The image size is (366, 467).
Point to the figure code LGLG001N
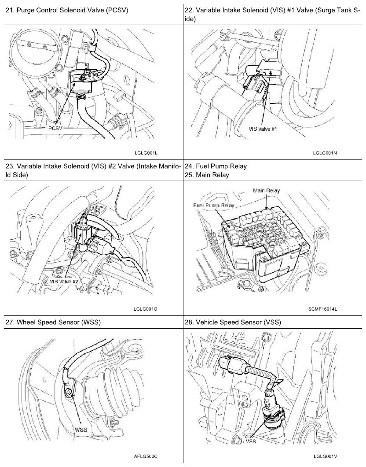coord(325,152)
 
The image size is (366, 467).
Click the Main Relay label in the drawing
coord(266,190)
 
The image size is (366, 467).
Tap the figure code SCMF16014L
coord(323,308)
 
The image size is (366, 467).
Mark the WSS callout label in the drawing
coord(81,428)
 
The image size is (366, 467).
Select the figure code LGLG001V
coord(325,456)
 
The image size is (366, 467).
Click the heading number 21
coord(9,10)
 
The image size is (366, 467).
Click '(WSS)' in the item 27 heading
coord(90,322)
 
